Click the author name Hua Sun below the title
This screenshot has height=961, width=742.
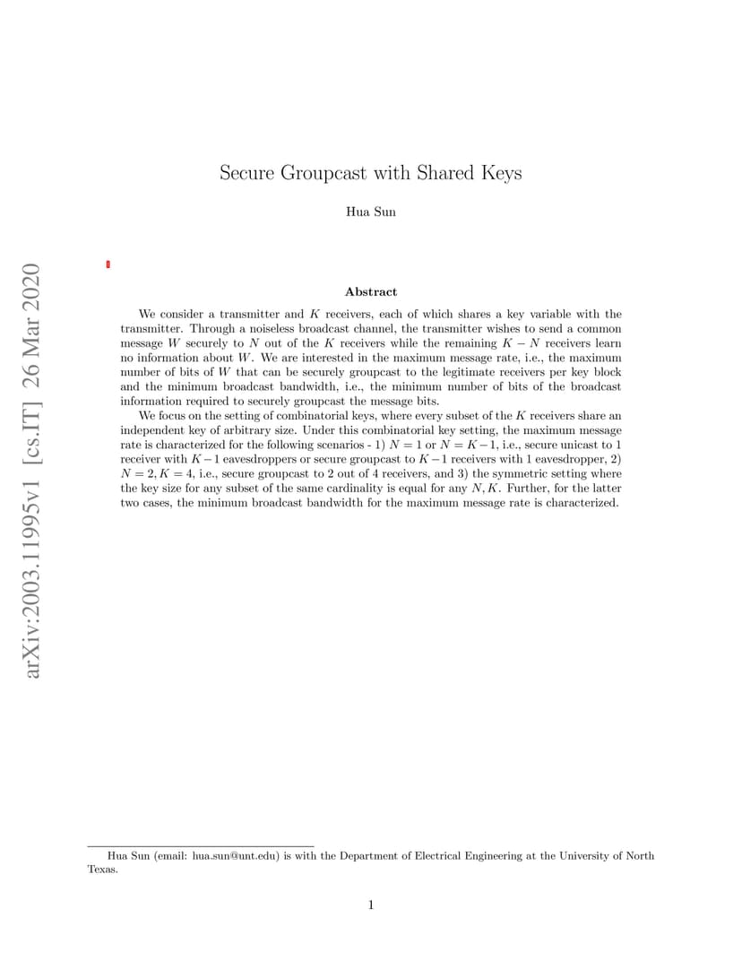click(370, 212)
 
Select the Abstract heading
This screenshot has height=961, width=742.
click(370, 291)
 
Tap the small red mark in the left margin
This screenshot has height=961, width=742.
click(108, 264)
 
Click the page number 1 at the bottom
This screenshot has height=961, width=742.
click(370, 905)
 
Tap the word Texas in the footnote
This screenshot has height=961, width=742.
click(101, 869)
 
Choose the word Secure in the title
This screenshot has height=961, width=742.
click(247, 173)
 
